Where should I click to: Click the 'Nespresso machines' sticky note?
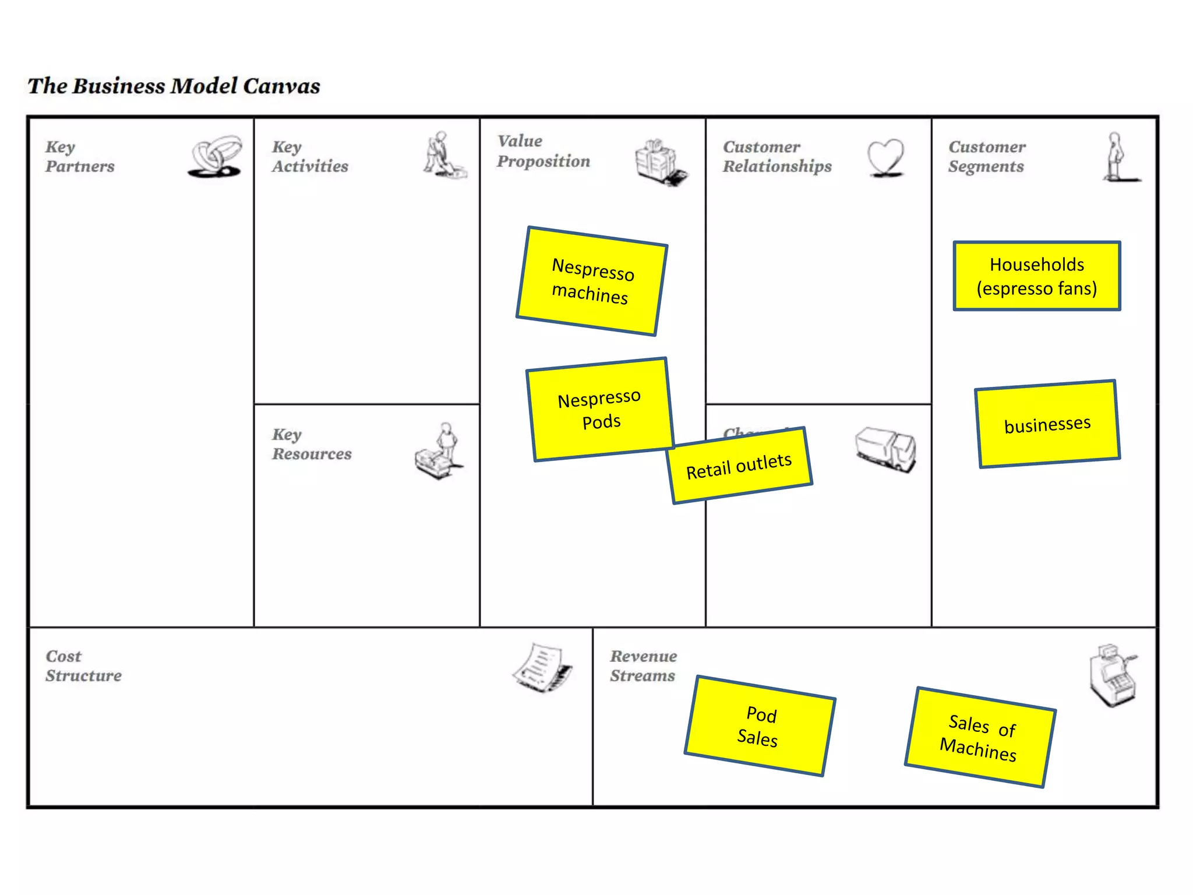[591, 281]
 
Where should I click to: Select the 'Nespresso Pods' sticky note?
[600, 409]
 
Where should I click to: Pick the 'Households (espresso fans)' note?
[1037, 276]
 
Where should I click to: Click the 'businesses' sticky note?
[1047, 424]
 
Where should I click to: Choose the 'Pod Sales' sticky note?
[760, 726]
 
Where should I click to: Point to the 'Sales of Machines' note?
[980, 737]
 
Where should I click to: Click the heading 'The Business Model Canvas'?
[174, 86]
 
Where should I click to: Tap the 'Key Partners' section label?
[80, 157]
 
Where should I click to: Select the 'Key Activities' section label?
[310, 157]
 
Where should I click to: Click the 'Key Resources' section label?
[312, 444]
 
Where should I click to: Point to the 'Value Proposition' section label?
[543, 151]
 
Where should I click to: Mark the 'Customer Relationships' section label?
[777, 157]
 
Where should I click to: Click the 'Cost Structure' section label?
[83, 666]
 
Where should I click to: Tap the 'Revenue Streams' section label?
[643, 666]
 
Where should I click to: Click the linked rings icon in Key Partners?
[215, 156]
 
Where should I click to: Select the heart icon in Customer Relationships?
[885, 157]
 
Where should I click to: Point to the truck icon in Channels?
[885, 449]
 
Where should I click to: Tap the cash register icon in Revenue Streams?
[1112, 675]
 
